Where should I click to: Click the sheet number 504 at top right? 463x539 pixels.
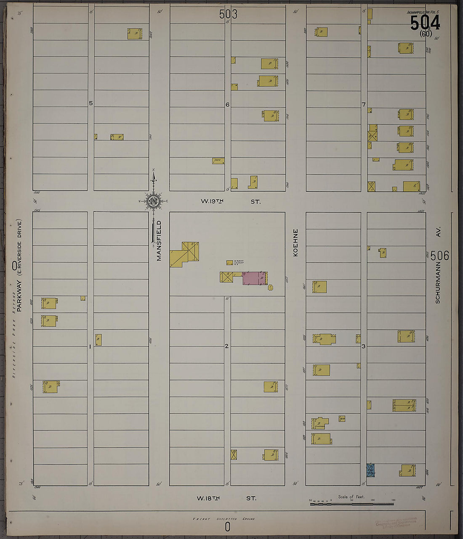coord(425,23)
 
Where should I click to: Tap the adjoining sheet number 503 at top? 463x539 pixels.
coord(228,14)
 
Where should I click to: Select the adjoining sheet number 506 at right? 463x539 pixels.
coord(440,255)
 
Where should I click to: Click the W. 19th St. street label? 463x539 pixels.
coord(230,202)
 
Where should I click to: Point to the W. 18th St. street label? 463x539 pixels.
coord(226,498)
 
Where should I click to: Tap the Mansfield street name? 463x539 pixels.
coord(159,240)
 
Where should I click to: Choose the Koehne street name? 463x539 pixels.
coord(295,243)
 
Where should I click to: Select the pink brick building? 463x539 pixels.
coord(254,278)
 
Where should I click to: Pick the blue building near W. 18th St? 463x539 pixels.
coord(370,470)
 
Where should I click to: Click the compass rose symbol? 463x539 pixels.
coord(153,201)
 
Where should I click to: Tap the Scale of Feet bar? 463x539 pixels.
coord(351,503)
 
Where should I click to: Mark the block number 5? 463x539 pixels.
coord(90,103)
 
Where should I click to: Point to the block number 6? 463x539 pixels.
coord(227,104)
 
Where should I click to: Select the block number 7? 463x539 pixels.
coord(364,104)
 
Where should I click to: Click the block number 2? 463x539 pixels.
coord(226,346)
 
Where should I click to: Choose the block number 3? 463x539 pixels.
coord(363,346)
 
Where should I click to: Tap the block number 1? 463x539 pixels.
coord(90,346)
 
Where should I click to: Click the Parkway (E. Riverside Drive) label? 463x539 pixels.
coord(19,265)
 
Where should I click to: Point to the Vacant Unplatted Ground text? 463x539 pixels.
coord(224,519)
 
